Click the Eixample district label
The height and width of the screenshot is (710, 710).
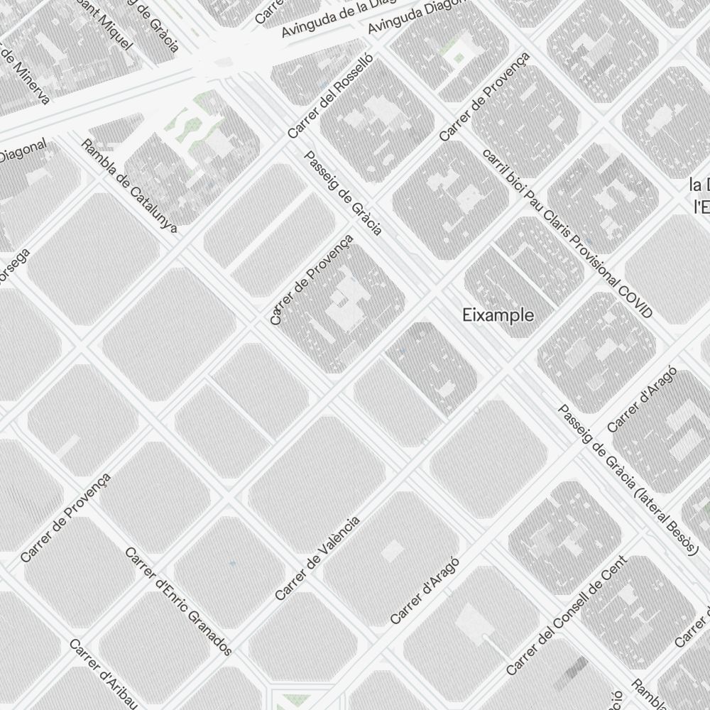(x=498, y=315)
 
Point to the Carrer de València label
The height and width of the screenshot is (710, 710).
(x=317, y=558)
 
